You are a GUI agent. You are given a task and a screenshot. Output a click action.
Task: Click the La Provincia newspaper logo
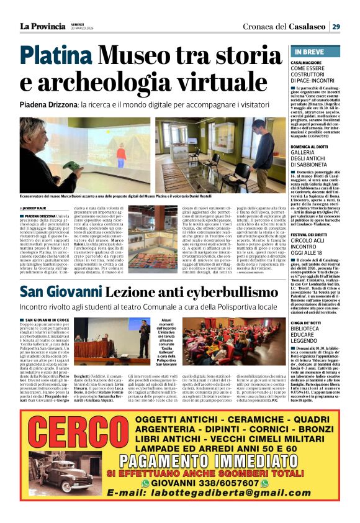(x=42, y=26)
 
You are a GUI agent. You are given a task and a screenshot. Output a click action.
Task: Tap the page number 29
(x=335, y=26)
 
